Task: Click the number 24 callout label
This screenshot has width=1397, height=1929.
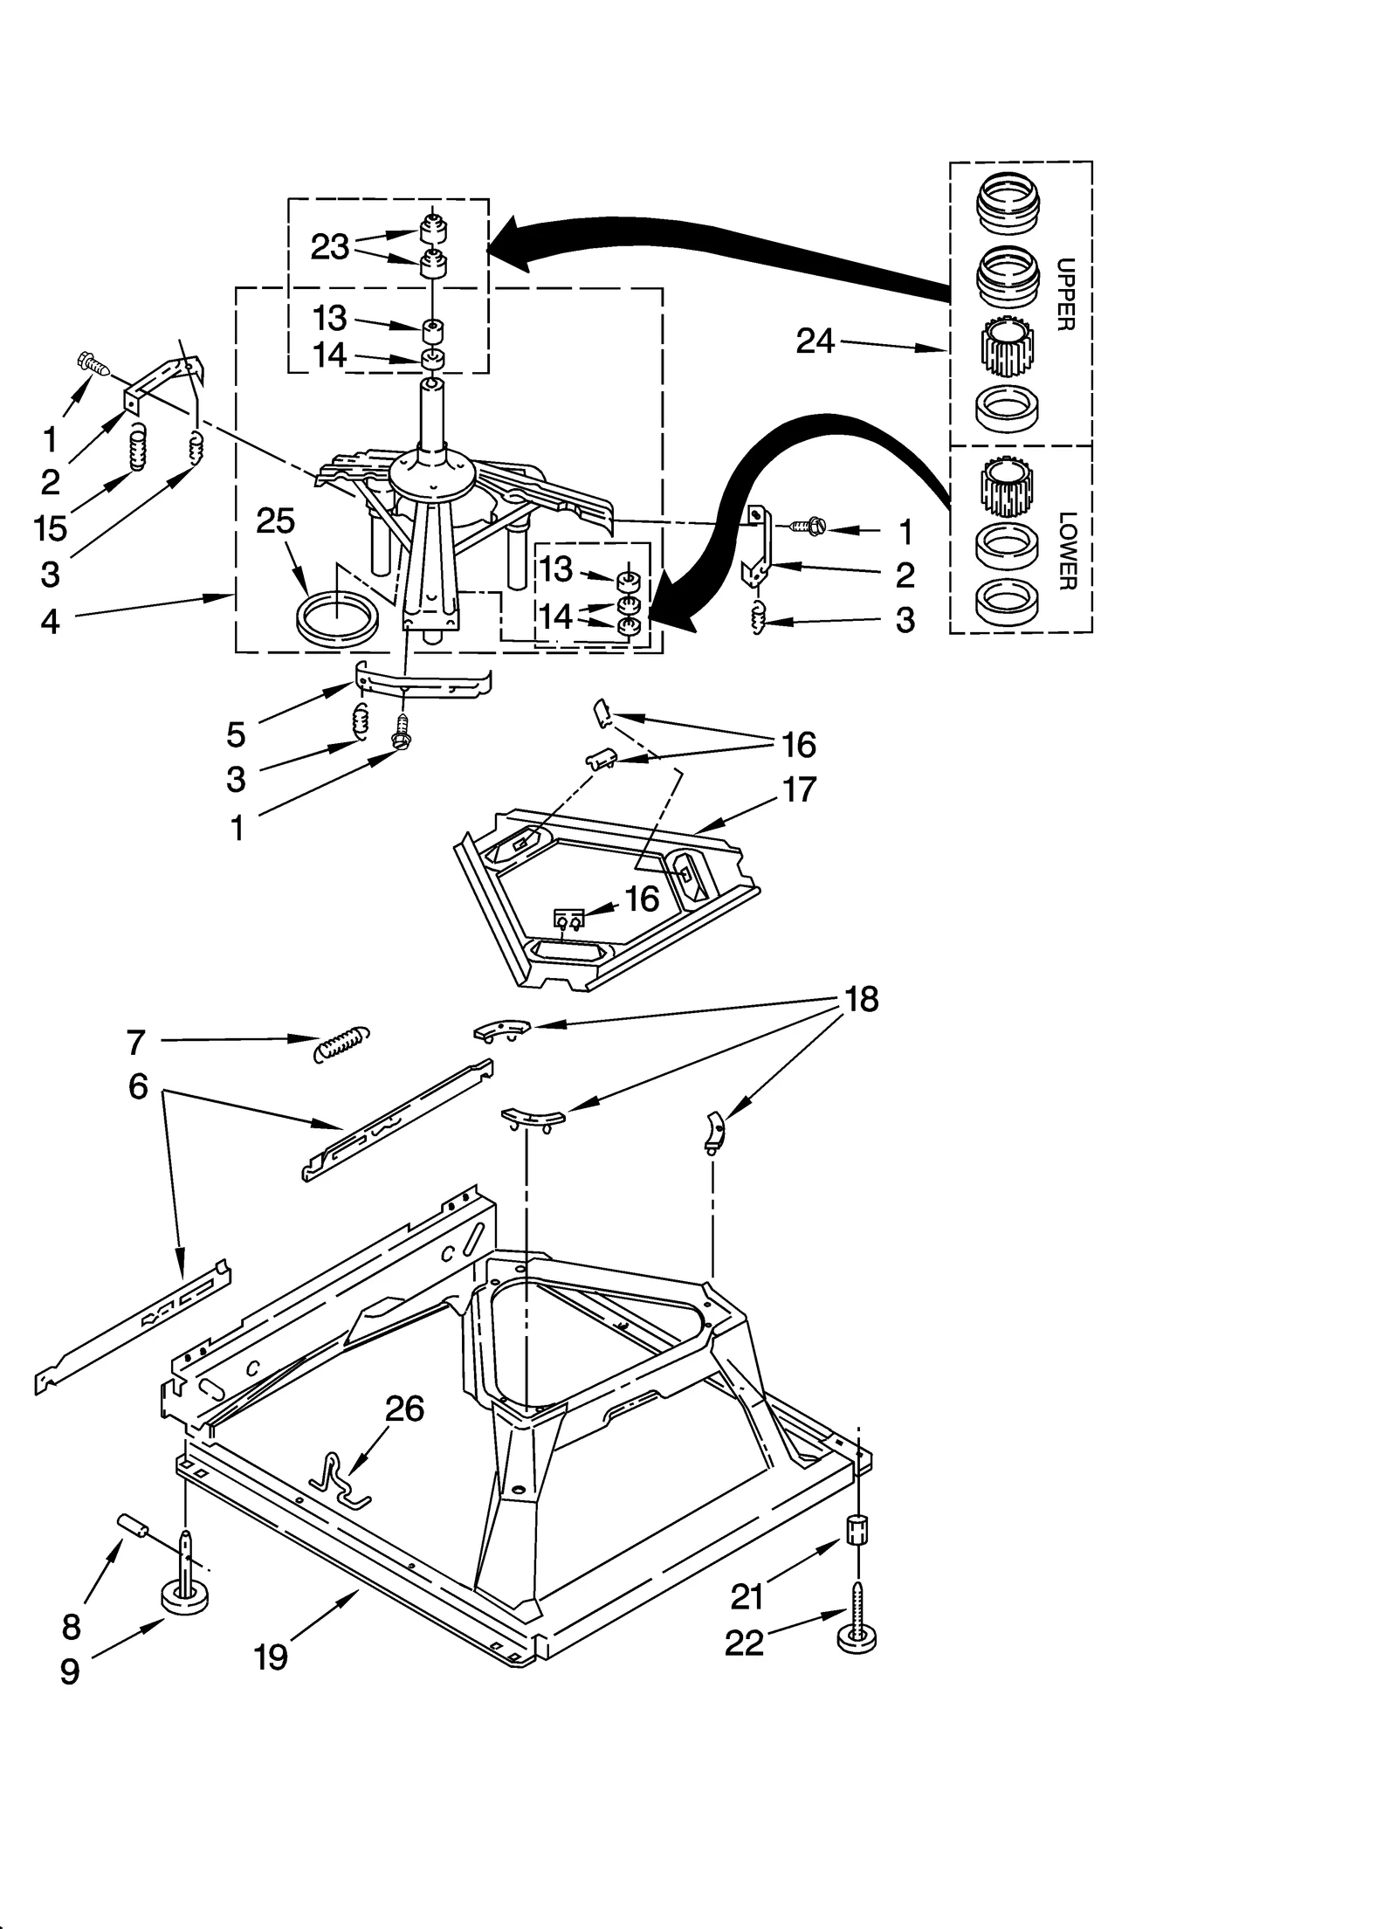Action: (815, 341)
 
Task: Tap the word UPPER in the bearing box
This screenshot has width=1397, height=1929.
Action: (1064, 293)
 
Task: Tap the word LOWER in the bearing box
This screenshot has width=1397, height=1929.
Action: (1066, 551)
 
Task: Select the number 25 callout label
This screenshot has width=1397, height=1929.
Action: (275, 521)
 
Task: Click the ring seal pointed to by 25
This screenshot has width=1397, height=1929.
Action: (338, 617)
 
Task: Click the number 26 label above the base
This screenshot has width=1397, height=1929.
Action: (405, 1433)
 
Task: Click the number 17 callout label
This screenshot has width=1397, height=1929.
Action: (798, 789)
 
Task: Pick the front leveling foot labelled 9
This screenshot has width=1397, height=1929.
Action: (186, 1598)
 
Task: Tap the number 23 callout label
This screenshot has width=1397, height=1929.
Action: (330, 247)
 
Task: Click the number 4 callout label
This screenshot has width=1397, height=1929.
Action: (50, 622)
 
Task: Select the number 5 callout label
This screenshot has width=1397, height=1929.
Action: (236, 735)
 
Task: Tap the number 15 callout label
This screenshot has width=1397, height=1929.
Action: (51, 527)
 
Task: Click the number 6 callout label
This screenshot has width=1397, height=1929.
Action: (138, 1087)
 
